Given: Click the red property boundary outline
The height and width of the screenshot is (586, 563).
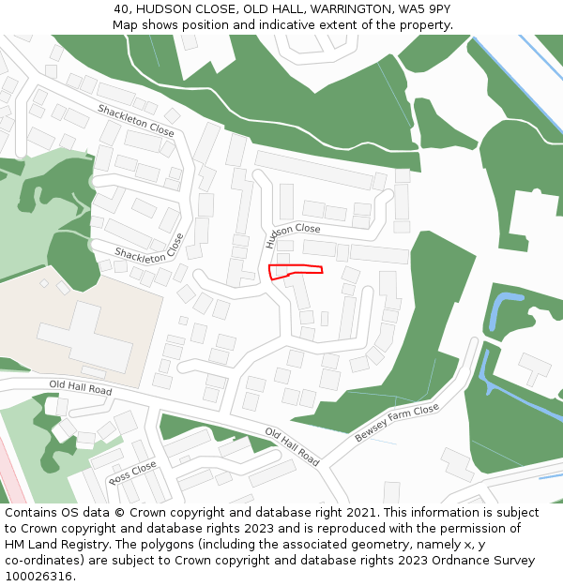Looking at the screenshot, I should pyautogui.click(x=295, y=272).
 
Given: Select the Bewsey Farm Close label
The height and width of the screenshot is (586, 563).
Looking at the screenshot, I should pyautogui.click(x=397, y=424).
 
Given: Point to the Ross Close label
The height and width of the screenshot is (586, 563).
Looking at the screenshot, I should pyautogui.click(x=132, y=473).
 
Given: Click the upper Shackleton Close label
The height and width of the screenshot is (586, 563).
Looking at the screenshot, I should pyautogui.click(x=136, y=120).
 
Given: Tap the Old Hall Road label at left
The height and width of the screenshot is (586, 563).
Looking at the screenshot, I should pyautogui.click(x=80, y=388).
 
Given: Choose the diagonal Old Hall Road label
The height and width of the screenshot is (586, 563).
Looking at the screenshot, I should pyautogui.click(x=292, y=447).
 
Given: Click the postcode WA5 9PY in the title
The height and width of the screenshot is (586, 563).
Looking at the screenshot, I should pyautogui.click(x=424, y=8).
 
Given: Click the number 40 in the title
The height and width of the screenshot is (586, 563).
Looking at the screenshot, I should pyautogui.click(x=122, y=8).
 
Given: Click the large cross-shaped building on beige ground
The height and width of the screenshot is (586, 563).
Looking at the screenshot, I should pyautogui.click(x=84, y=338).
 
